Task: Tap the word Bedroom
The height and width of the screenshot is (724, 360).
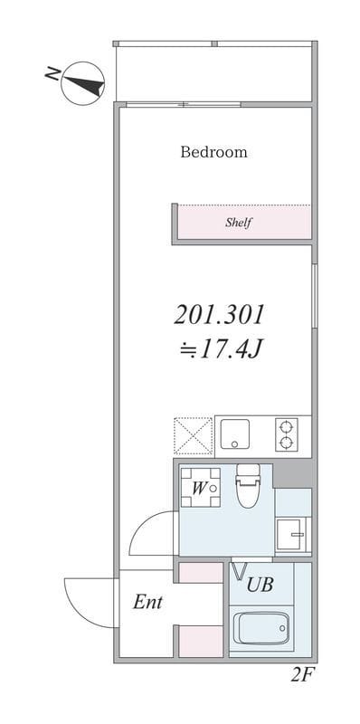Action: (x=213, y=152)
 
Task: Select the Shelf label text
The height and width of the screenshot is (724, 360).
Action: (x=238, y=223)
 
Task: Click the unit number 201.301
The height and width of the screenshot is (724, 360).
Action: (x=219, y=315)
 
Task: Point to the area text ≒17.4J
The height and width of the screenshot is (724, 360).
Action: (x=219, y=347)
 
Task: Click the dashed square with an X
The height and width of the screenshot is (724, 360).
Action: (x=193, y=434)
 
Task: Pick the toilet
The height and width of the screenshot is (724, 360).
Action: (x=247, y=489)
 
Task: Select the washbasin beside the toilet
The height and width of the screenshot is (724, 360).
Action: (x=292, y=534)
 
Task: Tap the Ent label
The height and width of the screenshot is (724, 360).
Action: (x=147, y=602)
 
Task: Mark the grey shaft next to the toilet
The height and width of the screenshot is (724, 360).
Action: (x=292, y=472)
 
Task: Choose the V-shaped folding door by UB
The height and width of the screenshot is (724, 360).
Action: (x=241, y=572)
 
